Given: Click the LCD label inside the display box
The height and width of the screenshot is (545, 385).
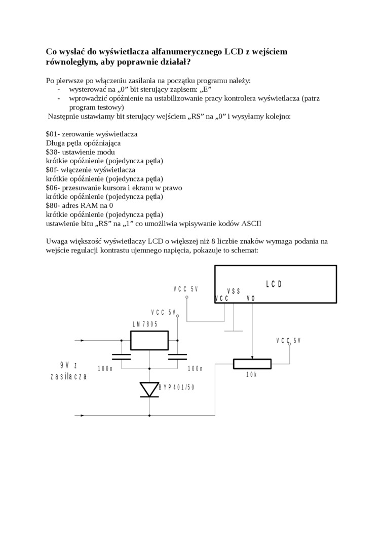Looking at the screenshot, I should tap(274, 284).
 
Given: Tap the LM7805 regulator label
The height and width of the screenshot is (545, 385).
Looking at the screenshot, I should tap(145, 324).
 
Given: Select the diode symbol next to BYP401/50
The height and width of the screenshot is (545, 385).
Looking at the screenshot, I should tap(149, 389).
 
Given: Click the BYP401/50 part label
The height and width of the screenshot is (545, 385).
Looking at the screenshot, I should tap(176, 387).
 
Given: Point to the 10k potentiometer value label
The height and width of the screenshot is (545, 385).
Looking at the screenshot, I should tap(252, 375).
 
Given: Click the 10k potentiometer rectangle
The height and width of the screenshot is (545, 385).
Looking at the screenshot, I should tap(252, 364).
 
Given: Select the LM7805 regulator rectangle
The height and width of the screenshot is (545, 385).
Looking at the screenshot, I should tap(149, 340).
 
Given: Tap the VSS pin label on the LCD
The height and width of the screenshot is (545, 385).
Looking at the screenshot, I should tap(234, 291).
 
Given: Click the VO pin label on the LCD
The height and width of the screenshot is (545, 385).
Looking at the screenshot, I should tap(251, 299).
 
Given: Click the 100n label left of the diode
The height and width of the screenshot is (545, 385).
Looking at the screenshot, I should tap(105, 369).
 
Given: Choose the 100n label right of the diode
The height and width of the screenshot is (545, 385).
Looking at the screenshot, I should tap(195, 369).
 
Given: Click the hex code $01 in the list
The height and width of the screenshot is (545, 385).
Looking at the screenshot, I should tap(51, 134).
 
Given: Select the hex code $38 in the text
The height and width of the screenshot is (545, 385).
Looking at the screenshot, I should tap(51, 152).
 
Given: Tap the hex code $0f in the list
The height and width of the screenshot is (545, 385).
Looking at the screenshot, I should tap(51, 169).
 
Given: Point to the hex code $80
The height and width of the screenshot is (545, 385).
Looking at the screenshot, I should tap(51, 205).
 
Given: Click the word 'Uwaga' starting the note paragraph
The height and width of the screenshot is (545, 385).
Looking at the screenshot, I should tap(56, 241).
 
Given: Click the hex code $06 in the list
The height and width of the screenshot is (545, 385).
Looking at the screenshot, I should tap(51, 188).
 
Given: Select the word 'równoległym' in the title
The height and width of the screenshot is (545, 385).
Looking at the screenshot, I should tap(69, 62).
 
